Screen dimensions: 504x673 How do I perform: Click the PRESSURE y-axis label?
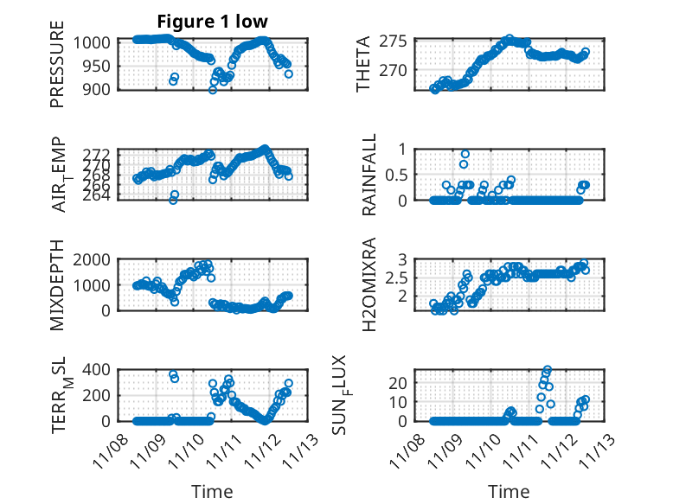tap(57, 69)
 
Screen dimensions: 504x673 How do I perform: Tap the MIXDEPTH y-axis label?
tap(57, 284)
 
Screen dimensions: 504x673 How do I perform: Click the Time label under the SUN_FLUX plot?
tap(509, 492)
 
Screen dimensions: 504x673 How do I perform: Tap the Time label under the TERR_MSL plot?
tap(212, 492)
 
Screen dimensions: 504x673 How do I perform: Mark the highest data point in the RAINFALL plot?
tap(465, 154)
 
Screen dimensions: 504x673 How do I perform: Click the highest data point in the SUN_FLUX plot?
tap(548, 370)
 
